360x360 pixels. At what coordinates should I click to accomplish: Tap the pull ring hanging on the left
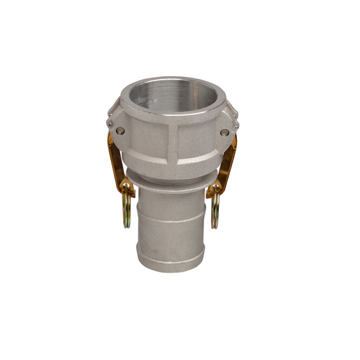coord(126,210)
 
